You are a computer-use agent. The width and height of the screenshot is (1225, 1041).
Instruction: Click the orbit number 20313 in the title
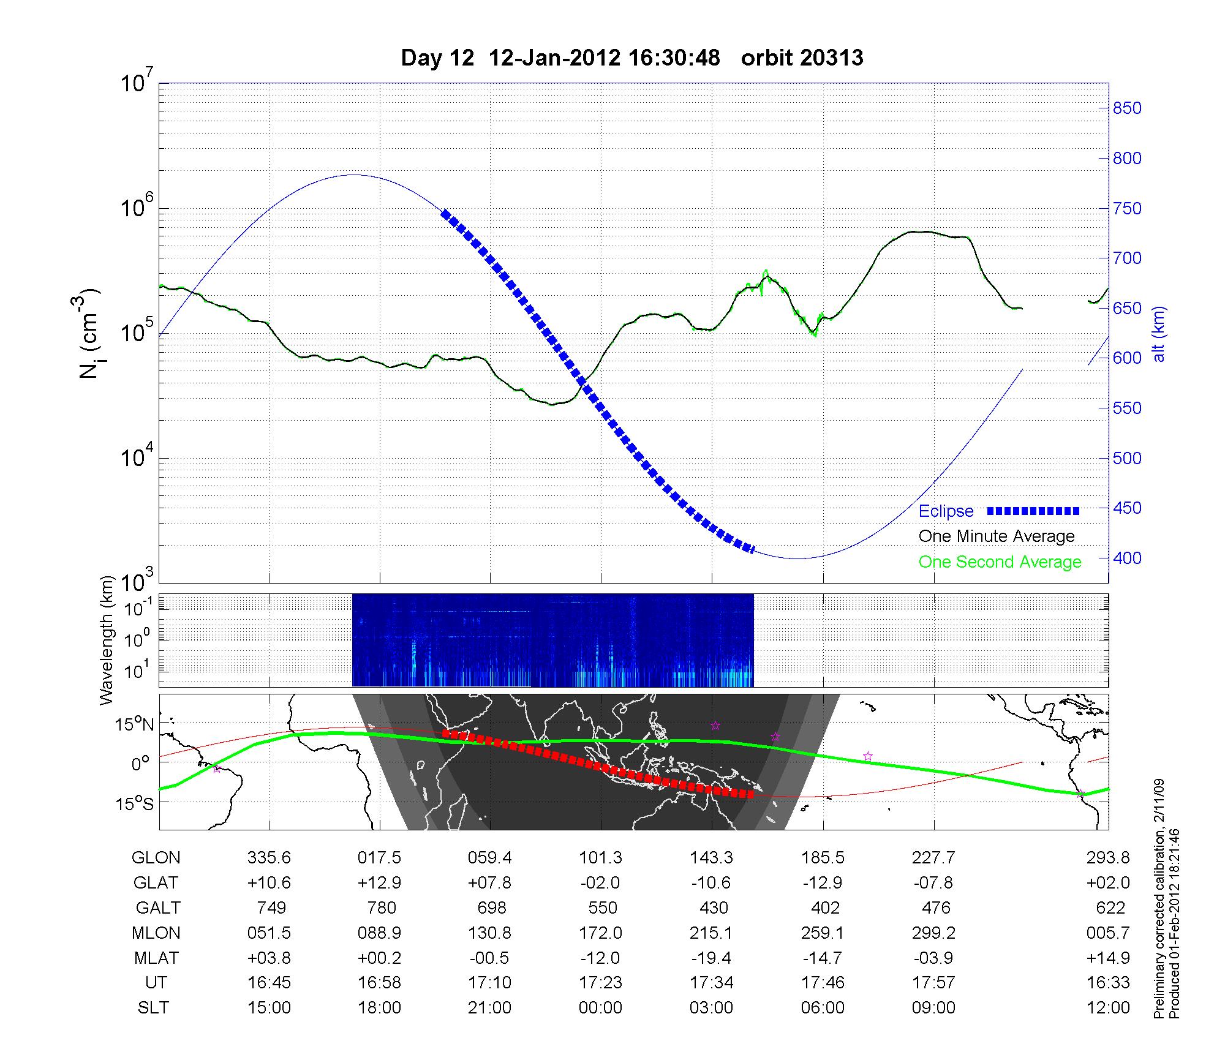click(x=802, y=58)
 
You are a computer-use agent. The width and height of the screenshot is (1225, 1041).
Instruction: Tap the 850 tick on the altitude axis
click(x=1127, y=108)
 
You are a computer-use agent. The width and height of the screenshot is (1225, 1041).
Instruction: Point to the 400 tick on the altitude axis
click(x=1127, y=558)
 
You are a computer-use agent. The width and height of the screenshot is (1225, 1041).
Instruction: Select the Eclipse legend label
click(x=946, y=511)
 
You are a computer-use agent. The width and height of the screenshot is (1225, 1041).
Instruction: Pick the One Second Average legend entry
click(x=1000, y=562)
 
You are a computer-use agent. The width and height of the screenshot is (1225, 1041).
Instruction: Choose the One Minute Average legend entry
click(x=997, y=536)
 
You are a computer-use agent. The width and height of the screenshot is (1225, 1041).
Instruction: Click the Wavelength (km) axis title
click(x=107, y=640)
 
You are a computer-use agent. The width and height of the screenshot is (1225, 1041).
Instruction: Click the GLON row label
click(x=156, y=857)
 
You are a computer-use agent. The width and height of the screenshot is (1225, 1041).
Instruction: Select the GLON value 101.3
click(x=600, y=857)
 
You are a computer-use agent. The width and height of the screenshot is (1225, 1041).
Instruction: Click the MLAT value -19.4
click(x=711, y=958)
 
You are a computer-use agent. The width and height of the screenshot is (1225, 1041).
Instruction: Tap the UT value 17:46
click(x=823, y=983)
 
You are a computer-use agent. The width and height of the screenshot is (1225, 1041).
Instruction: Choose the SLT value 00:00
click(x=600, y=1008)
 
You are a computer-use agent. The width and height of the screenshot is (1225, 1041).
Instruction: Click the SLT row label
click(x=153, y=1008)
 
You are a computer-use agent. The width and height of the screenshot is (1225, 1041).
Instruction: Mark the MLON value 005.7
click(x=1110, y=933)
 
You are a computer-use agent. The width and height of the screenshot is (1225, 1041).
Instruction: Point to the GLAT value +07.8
click(x=489, y=882)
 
